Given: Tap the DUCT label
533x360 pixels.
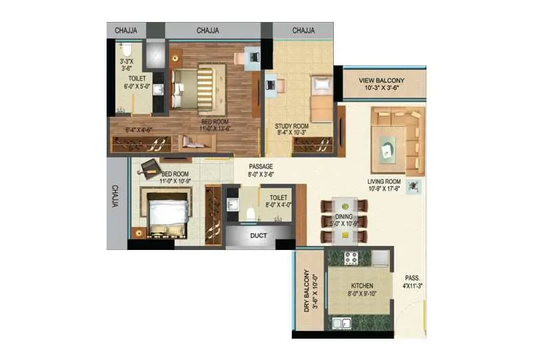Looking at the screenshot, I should point(259,235).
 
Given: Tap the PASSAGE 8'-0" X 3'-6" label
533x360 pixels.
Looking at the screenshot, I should point(261,170).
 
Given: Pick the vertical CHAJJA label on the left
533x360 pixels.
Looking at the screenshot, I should point(116,196).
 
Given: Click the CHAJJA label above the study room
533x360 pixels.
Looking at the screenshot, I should point(303,30).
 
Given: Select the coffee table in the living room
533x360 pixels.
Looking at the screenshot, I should point(388,149).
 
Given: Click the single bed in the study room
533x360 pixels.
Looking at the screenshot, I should point(321,98).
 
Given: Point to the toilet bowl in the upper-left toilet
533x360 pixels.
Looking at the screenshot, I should point(127,49).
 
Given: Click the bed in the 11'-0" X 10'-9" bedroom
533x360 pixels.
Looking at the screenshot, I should point(167,215).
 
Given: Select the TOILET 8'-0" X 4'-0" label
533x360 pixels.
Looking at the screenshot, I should point(278,201).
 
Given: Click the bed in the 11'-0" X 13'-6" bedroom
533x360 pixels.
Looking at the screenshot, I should point(195,89).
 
